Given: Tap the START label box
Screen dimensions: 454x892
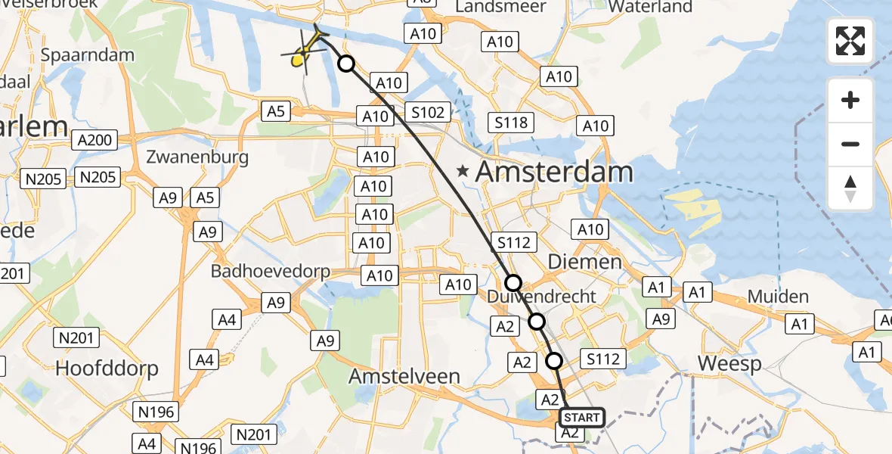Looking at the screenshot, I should [581, 418].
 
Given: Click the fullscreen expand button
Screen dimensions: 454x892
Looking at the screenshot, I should [850, 41].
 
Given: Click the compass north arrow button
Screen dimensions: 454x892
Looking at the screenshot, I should [850, 188].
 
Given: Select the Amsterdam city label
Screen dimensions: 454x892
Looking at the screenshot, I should [554, 172].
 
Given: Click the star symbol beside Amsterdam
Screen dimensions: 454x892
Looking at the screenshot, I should [463, 172].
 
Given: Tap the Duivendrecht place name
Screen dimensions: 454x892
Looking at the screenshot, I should [542, 296].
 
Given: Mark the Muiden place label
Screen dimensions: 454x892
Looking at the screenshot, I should [778, 297].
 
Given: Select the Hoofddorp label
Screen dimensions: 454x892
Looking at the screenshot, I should [107, 368].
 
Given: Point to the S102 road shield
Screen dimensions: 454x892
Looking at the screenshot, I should [427, 112].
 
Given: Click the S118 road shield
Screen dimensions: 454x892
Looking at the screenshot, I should [512, 123].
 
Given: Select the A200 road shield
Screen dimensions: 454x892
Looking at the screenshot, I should [94, 139].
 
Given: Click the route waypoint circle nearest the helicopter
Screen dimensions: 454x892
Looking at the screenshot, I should [346, 64].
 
